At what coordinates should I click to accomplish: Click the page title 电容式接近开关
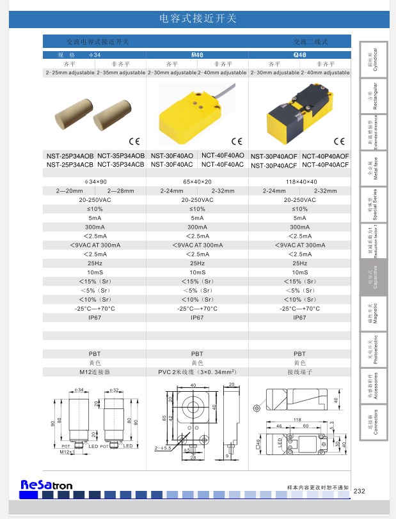coord(197,19)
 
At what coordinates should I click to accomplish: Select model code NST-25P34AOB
coord(70,155)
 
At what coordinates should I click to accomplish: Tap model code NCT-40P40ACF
coord(325,165)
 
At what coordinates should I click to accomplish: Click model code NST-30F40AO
coord(171,155)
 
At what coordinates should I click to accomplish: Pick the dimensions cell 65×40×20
coord(197,182)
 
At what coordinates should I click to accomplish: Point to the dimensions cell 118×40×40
coord(299,182)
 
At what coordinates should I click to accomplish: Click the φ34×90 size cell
coord(95,182)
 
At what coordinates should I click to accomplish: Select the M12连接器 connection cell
coord(95,371)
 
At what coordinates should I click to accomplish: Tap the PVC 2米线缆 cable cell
coord(197,371)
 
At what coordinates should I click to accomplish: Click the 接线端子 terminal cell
coord(299,371)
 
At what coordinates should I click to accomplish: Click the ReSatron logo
coord(46,485)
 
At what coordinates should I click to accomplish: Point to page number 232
coord(359,491)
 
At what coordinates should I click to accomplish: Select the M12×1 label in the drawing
coord(67,452)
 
